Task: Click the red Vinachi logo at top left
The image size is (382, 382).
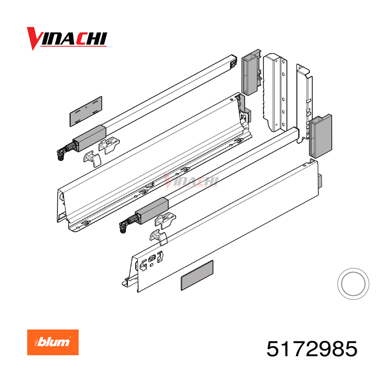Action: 67,39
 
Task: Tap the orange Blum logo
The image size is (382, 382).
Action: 53,342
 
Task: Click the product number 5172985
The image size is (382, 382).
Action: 312,349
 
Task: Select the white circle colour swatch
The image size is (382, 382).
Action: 353,284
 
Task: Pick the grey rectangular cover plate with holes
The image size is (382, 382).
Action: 86,111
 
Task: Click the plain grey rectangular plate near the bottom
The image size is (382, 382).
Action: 197,276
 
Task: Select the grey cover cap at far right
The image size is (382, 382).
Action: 320,136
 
